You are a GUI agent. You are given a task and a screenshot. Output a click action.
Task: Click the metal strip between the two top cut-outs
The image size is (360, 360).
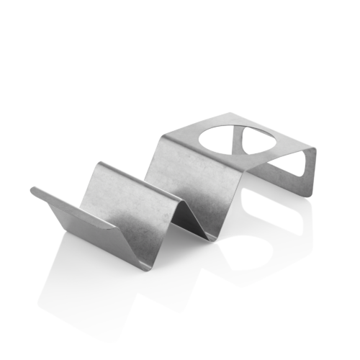coord(240,143)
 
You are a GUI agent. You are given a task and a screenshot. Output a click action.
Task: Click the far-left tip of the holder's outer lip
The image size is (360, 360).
coord(32,192)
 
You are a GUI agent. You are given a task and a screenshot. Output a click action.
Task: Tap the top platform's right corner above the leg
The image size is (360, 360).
coord(315,150)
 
